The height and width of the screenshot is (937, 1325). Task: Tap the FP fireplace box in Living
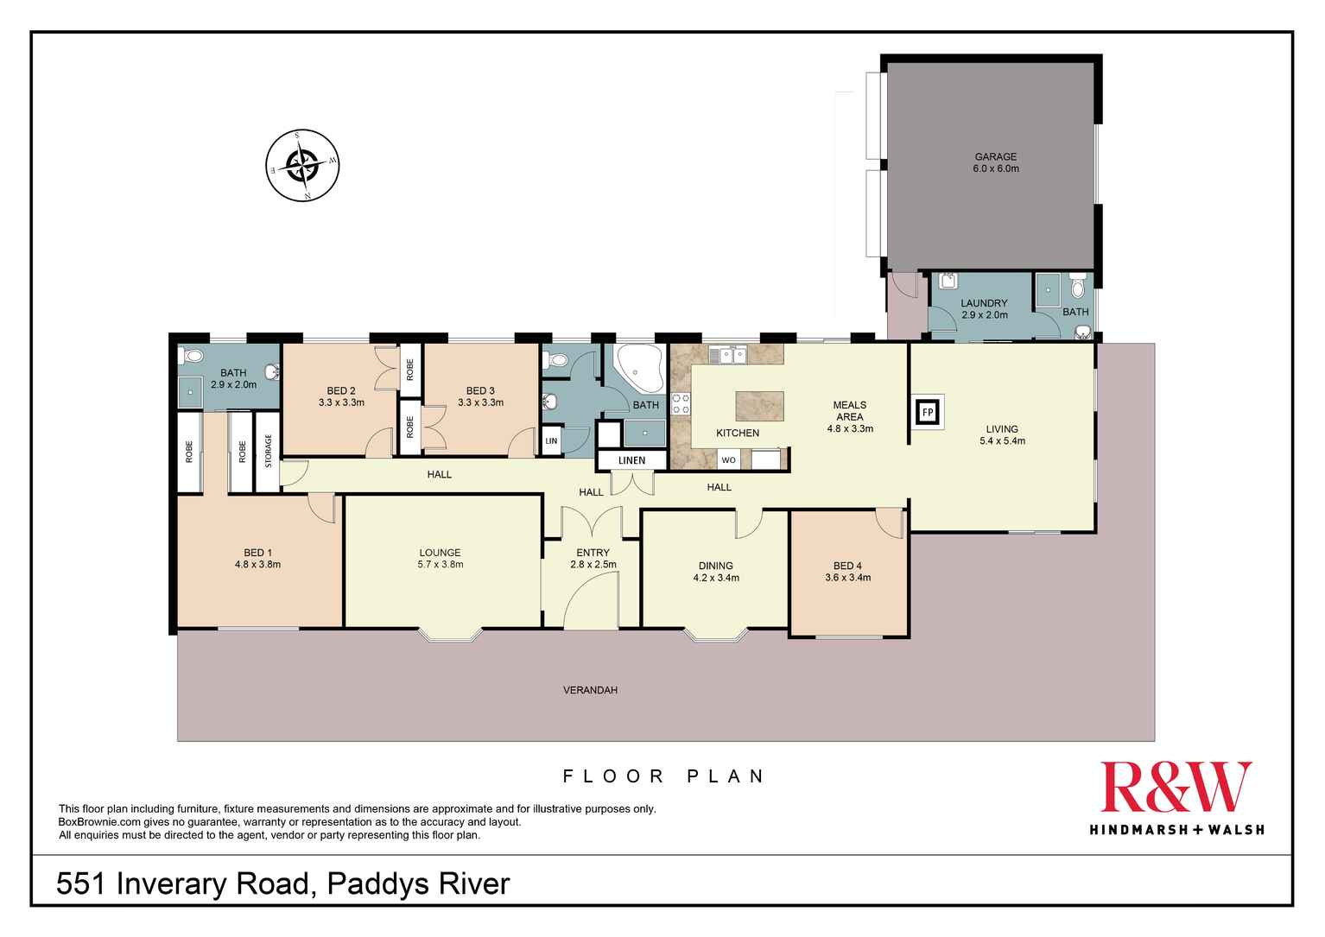pos(928,412)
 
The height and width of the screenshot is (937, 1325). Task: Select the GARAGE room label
pos(996,157)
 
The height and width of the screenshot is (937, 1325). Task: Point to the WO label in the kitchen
pos(728,460)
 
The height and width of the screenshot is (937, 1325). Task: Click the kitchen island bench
pos(760,405)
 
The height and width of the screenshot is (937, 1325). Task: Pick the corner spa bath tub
pos(637,369)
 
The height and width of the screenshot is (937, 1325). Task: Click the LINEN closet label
pos(631,460)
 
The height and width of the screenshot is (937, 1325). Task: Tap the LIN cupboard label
pos(550,440)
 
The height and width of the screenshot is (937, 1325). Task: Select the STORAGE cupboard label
pos(268,451)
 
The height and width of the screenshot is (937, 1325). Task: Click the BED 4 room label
pos(847,567)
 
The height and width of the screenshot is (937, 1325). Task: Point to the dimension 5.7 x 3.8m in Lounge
pos(441,565)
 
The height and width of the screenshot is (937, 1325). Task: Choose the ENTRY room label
pos(593,553)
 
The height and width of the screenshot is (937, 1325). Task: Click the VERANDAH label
pos(590,690)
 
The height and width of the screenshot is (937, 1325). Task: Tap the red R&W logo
pos(1176,788)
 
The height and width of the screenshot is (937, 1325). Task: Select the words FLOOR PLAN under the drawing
pos(663,776)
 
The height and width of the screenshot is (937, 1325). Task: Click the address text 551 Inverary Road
pos(182,884)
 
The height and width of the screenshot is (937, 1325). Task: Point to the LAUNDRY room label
pos(984,303)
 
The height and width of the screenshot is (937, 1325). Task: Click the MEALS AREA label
pos(849,411)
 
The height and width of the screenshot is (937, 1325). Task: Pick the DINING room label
pos(716,567)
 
